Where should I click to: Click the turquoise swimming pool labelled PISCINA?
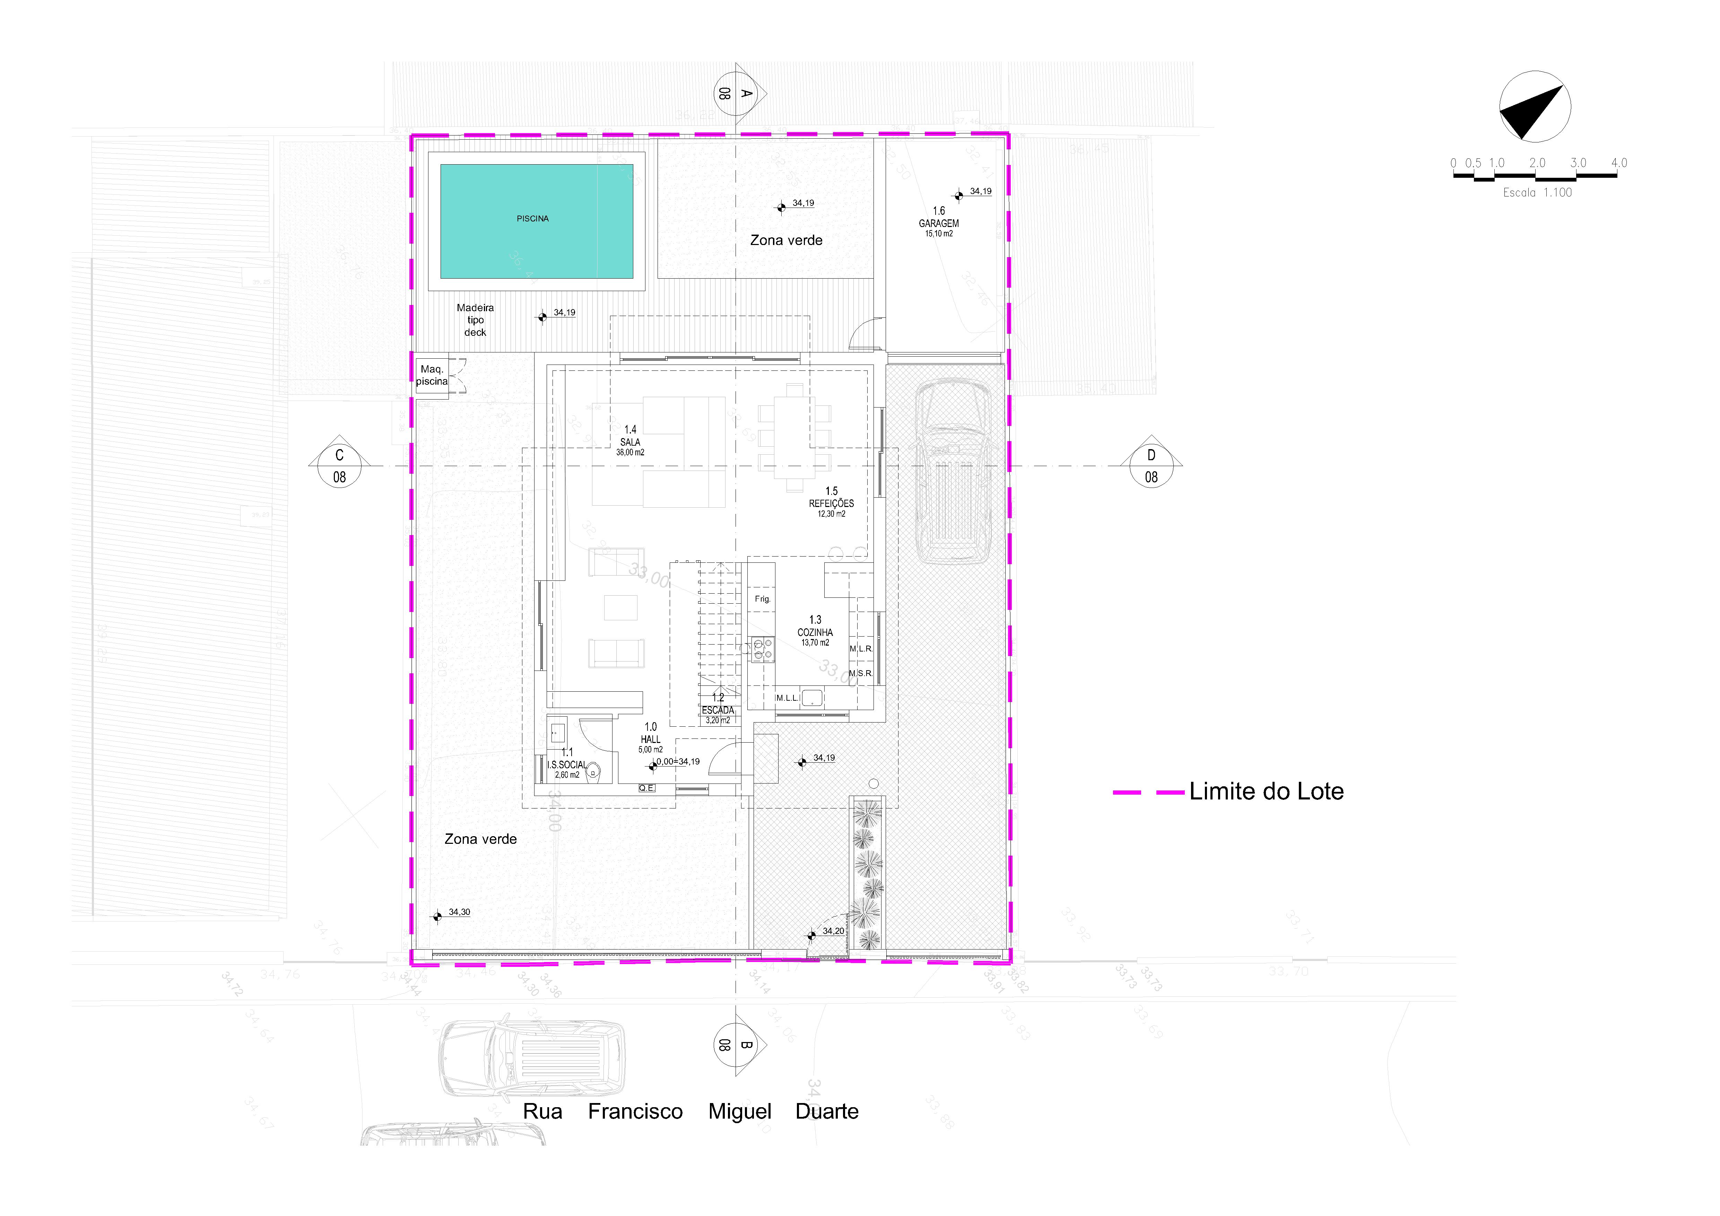point(536,221)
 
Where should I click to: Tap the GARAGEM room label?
point(939,223)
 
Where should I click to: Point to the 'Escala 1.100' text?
point(1537,192)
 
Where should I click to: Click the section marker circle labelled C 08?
point(339,466)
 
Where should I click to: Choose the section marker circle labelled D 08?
point(1151,466)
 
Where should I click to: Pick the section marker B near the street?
point(735,1044)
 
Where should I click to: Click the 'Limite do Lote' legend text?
point(1266,791)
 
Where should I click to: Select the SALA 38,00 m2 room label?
point(630,442)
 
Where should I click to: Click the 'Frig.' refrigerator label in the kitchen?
point(762,599)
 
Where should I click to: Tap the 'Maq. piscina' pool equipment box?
point(432,375)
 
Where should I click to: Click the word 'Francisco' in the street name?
point(635,1111)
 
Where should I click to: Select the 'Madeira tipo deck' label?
point(475,320)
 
